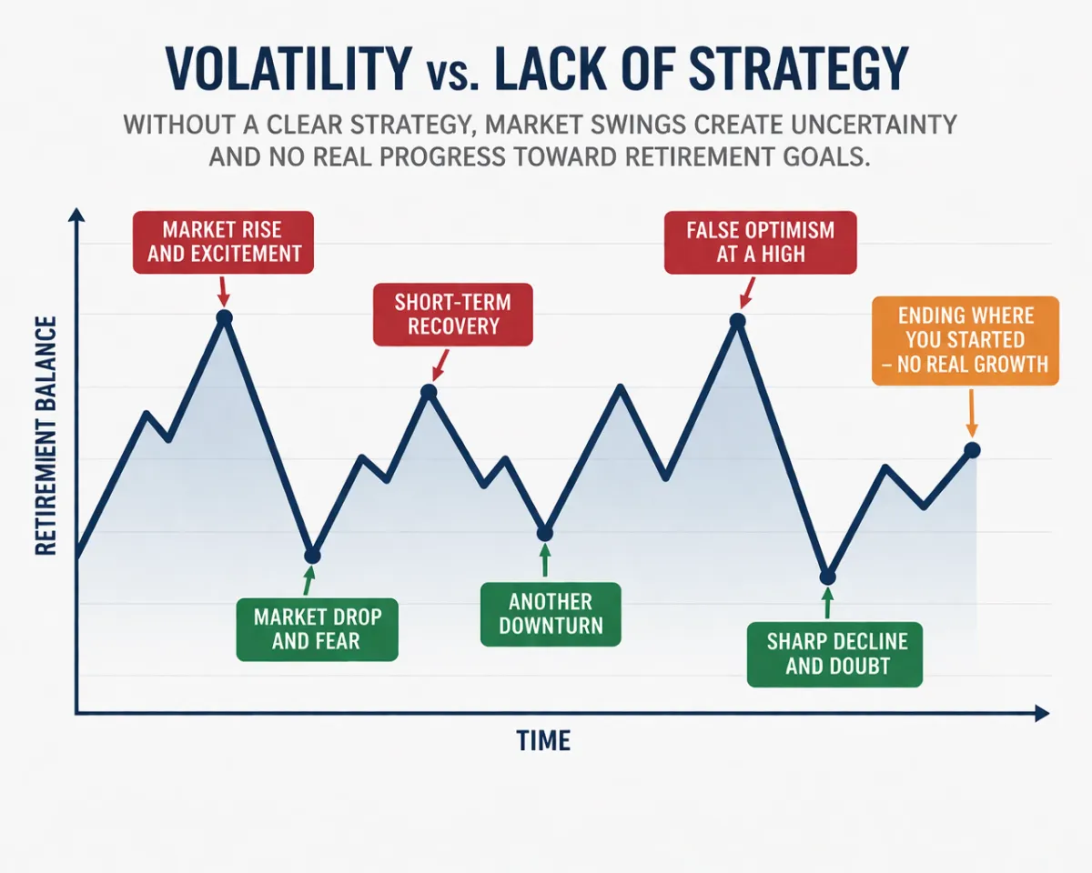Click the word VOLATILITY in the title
(x=288, y=68)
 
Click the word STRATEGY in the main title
(x=798, y=68)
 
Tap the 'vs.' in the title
(x=452, y=75)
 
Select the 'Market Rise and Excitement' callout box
(x=223, y=243)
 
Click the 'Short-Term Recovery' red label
(x=452, y=315)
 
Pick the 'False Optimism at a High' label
(x=760, y=243)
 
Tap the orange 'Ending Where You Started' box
(x=966, y=340)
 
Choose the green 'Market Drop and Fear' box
(x=318, y=629)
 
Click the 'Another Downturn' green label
(x=551, y=615)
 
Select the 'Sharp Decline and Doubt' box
(x=834, y=655)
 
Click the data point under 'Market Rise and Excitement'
(x=224, y=317)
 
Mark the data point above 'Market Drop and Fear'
(x=312, y=556)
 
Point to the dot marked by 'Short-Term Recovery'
(x=430, y=392)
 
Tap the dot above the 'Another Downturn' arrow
(x=545, y=533)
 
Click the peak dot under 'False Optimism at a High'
(x=738, y=321)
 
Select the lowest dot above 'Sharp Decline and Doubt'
(x=827, y=577)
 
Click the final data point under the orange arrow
(x=972, y=450)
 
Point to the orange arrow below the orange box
(x=972, y=413)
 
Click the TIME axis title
(x=543, y=740)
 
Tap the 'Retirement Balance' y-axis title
(x=45, y=436)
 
